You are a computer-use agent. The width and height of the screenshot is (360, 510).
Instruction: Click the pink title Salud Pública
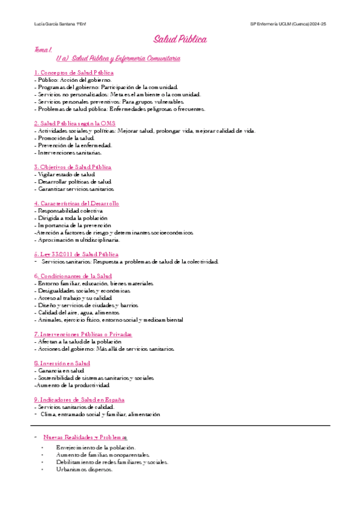180,40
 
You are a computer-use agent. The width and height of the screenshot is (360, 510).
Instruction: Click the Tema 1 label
43,51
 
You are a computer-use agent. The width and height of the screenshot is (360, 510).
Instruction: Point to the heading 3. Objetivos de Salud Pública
73,167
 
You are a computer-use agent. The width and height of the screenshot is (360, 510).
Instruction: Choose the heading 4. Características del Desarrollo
76,203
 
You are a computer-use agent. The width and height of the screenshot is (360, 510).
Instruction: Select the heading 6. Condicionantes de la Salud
73,275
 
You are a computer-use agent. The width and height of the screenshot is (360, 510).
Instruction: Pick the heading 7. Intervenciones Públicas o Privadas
83,334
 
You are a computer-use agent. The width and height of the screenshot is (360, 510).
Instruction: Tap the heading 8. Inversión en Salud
62,363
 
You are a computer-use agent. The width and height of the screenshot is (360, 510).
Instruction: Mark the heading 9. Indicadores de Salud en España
79,399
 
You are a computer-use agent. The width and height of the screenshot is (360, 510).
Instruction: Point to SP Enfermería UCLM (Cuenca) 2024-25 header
288,23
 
